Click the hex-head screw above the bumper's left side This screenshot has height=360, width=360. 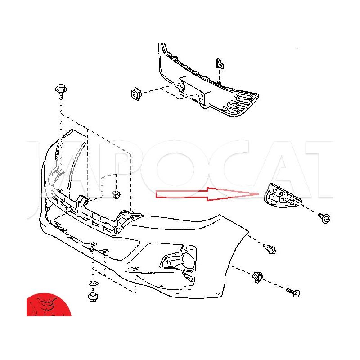pos(61,92)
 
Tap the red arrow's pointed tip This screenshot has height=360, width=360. pos(259,194)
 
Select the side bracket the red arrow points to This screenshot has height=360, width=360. pos(283,195)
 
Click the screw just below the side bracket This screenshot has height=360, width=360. pos(324,218)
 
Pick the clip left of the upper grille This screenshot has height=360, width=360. pos(136,94)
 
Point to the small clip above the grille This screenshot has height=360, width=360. pos(220,64)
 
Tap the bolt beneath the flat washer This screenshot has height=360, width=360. pos(94,296)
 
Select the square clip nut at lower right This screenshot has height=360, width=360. pos(257,277)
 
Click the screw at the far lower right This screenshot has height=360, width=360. pos(293,292)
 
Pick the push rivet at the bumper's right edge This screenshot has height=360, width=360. pos(270,249)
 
